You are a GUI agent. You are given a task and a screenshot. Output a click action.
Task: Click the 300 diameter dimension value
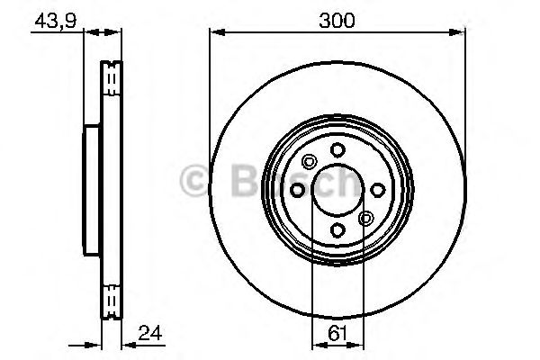coord(337,18)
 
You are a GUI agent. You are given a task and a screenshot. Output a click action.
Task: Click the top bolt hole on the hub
coord(337,150)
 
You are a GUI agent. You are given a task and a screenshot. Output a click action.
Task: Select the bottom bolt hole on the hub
coord(337,230)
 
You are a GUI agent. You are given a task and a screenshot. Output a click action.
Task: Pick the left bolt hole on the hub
coord(298,190)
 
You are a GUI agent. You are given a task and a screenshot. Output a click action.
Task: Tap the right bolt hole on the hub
coord(377,190)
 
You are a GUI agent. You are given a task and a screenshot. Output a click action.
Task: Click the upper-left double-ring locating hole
coord(310,162)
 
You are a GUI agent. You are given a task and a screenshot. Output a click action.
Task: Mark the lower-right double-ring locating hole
coord(365,219)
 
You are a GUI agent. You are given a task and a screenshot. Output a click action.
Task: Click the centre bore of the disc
coord(337,190)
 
